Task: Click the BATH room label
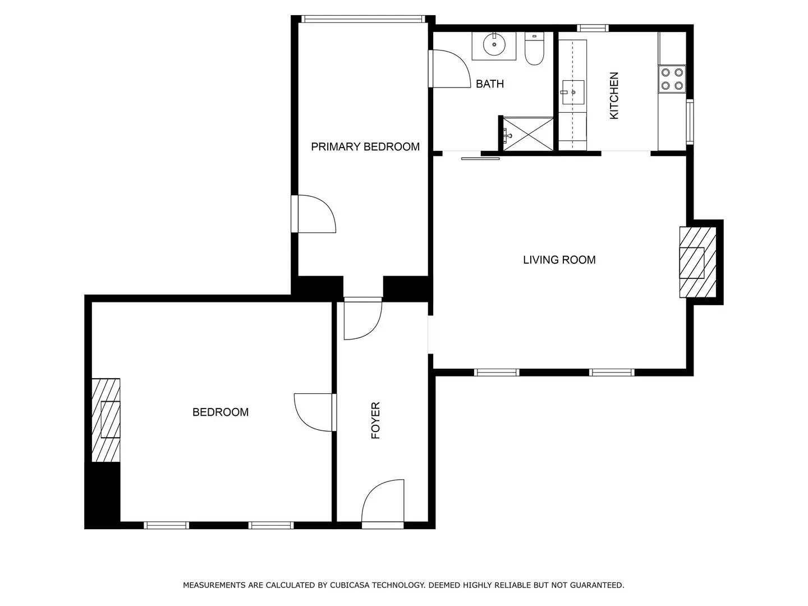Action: [x=490, y=84]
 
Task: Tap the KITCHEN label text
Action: [x=614, y=95]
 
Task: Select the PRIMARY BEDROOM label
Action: [x=365, y=147]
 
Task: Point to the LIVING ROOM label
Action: [x=559, y=260]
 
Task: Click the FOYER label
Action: [x=375, y=420]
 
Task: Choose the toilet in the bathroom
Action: [x=534, y=49]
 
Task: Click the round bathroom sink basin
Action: [x=494, y=44]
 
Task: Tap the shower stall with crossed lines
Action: [x=528, y=134]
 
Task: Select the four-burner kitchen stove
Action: [x=672, y=79]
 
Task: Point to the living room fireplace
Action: [x=698, y=262]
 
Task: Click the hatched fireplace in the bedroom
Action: [x=106, y=420]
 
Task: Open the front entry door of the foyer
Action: [x=383, y=504]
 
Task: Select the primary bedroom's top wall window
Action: [x=363, y=19]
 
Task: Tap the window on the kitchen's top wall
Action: [x=593, y=28]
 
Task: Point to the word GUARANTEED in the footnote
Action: [x=596, y=585]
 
